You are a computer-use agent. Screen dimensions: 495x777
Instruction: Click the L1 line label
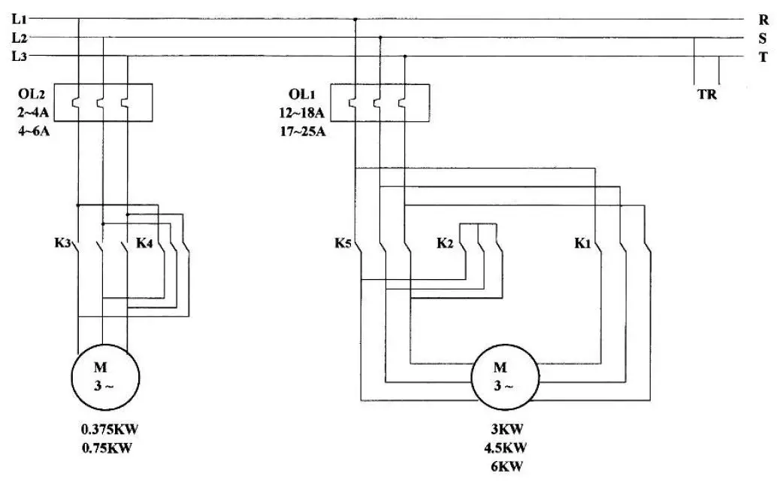click(20, 17)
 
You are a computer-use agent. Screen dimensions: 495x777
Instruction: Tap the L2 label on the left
click(20, 37)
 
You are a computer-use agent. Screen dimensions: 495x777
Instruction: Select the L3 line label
click(20, 56)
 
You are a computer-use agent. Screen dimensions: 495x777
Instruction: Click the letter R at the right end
click(763, 20)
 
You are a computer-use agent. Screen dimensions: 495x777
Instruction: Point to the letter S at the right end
click(763, 39)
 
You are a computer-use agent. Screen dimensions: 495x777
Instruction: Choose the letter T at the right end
click(763, 57)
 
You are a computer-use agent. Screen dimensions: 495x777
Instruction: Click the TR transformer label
click(707, 96)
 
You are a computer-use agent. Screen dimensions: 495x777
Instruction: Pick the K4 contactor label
click(145, 244)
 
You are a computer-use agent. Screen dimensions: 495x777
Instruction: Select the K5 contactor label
click(343, 244)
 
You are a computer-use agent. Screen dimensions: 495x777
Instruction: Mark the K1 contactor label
click(583, 244)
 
